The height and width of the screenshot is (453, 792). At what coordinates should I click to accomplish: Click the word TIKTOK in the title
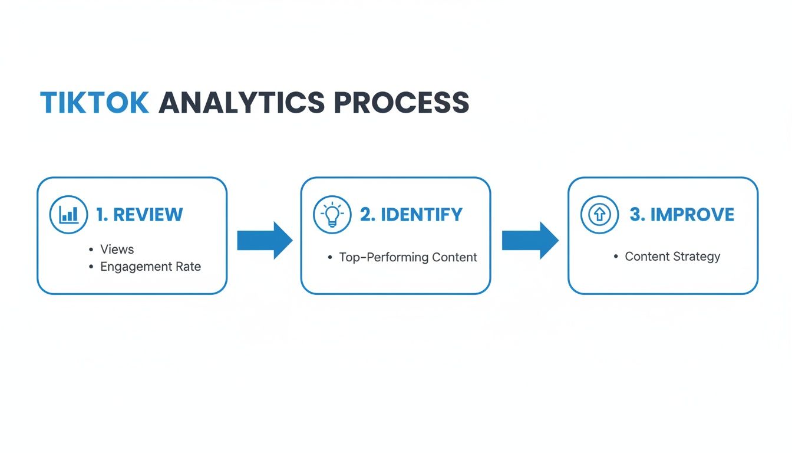[94, 103]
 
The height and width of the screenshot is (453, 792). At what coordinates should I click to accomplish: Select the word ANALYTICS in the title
[242, 103]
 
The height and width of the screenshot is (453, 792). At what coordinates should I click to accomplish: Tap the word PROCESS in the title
[401, 103]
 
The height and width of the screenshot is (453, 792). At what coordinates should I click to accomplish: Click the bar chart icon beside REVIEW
[69, 215]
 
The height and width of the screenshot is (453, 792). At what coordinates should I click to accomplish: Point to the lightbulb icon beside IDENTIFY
[332, 215]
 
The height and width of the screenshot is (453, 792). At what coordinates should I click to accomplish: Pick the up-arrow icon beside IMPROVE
[599, 215]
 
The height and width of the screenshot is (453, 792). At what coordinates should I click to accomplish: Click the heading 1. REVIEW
[140, 215]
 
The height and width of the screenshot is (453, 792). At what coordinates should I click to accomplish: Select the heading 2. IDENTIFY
[411, 215]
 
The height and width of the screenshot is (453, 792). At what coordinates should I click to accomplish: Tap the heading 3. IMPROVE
[682, 215]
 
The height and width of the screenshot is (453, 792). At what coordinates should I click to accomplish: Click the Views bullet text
[117, 249]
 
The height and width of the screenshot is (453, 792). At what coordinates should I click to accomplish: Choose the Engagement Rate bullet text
[150, 267]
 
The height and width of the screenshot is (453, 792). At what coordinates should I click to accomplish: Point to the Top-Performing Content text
[408, 257]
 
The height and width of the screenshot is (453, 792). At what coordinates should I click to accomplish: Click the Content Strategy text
[672, 257]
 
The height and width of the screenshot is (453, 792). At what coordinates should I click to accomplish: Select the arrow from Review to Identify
[265, 241]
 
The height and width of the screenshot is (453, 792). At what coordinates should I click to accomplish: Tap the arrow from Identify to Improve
[530, 241]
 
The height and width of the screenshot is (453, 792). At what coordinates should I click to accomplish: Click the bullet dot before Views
[91, 250]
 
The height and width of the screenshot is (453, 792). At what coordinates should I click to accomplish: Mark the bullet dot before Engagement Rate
[91, 267]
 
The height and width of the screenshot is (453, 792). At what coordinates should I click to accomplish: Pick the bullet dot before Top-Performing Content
[330, 258]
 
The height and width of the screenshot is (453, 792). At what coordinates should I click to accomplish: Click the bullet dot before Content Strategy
[616, 257]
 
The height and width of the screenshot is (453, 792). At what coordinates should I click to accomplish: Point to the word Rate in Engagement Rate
[187, 267]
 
